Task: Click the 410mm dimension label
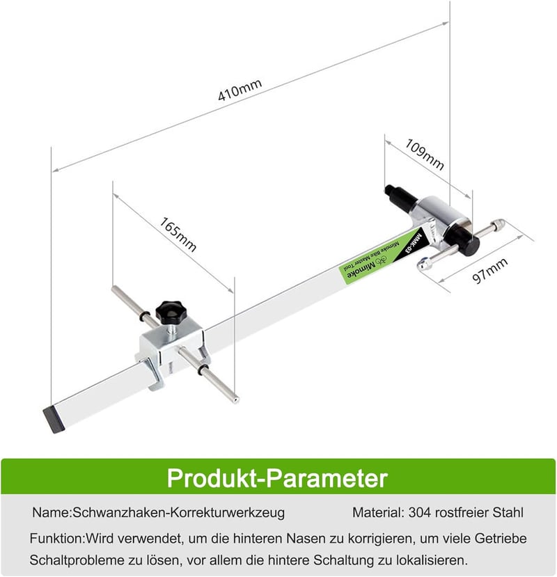240,90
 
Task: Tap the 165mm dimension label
178,235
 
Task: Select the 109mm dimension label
425,155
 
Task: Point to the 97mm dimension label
489,271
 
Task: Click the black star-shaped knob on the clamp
171,313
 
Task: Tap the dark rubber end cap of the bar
54,420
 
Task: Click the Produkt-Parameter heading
277,478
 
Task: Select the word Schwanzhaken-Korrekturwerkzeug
178,512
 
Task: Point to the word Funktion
56,538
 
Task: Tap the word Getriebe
501,538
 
